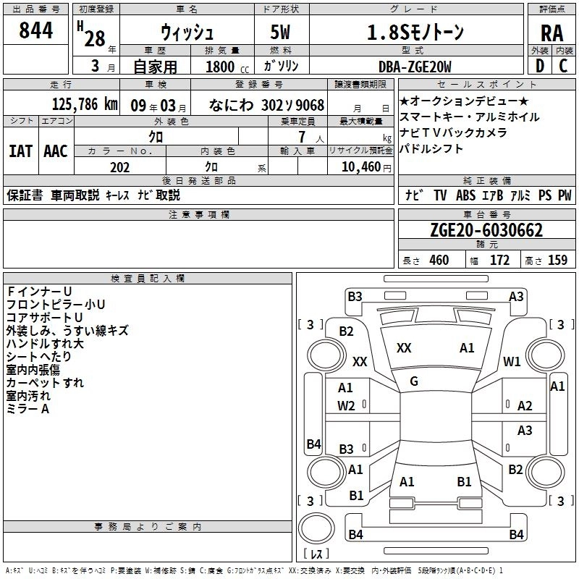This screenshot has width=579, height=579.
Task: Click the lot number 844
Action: (x=36, y=30)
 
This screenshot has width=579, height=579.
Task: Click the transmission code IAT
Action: (x=20, y=151)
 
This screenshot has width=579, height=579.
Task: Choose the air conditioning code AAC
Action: (x=55, y=151)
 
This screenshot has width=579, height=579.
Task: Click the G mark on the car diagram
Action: (x=413, y=381)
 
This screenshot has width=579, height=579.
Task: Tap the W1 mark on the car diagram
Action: (x=512, y=360)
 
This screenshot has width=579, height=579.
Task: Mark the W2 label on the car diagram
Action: (x=346, y=405)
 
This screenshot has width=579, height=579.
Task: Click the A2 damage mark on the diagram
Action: (x=525, y=406)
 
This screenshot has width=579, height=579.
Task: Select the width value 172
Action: (x=500, y=261)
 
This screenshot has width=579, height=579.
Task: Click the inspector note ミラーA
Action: (x=28, y=409)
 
